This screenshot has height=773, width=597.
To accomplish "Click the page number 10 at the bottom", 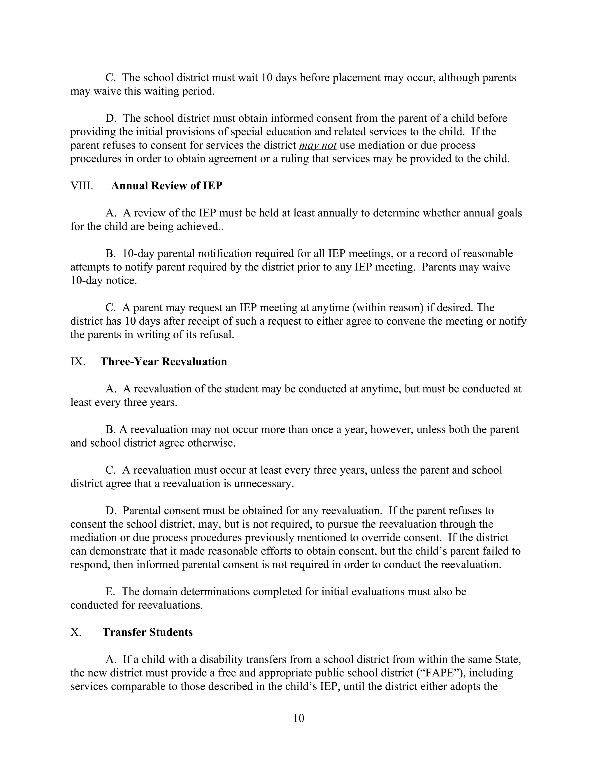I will tap(298, 718).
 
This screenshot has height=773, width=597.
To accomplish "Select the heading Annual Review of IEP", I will tap(166, 186).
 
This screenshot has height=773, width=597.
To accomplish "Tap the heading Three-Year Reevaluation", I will tap(164, 362).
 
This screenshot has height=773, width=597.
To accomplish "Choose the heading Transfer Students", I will tap(148, 632).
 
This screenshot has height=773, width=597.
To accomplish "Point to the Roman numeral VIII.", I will tap(82, 186).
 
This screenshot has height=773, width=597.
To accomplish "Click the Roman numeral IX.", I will tap(78, 362).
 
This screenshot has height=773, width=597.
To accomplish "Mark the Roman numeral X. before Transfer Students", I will tap(76, 632).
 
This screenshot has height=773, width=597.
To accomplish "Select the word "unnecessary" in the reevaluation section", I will tap(264, 483).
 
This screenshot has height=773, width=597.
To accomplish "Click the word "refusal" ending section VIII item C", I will tap(219, 335).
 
